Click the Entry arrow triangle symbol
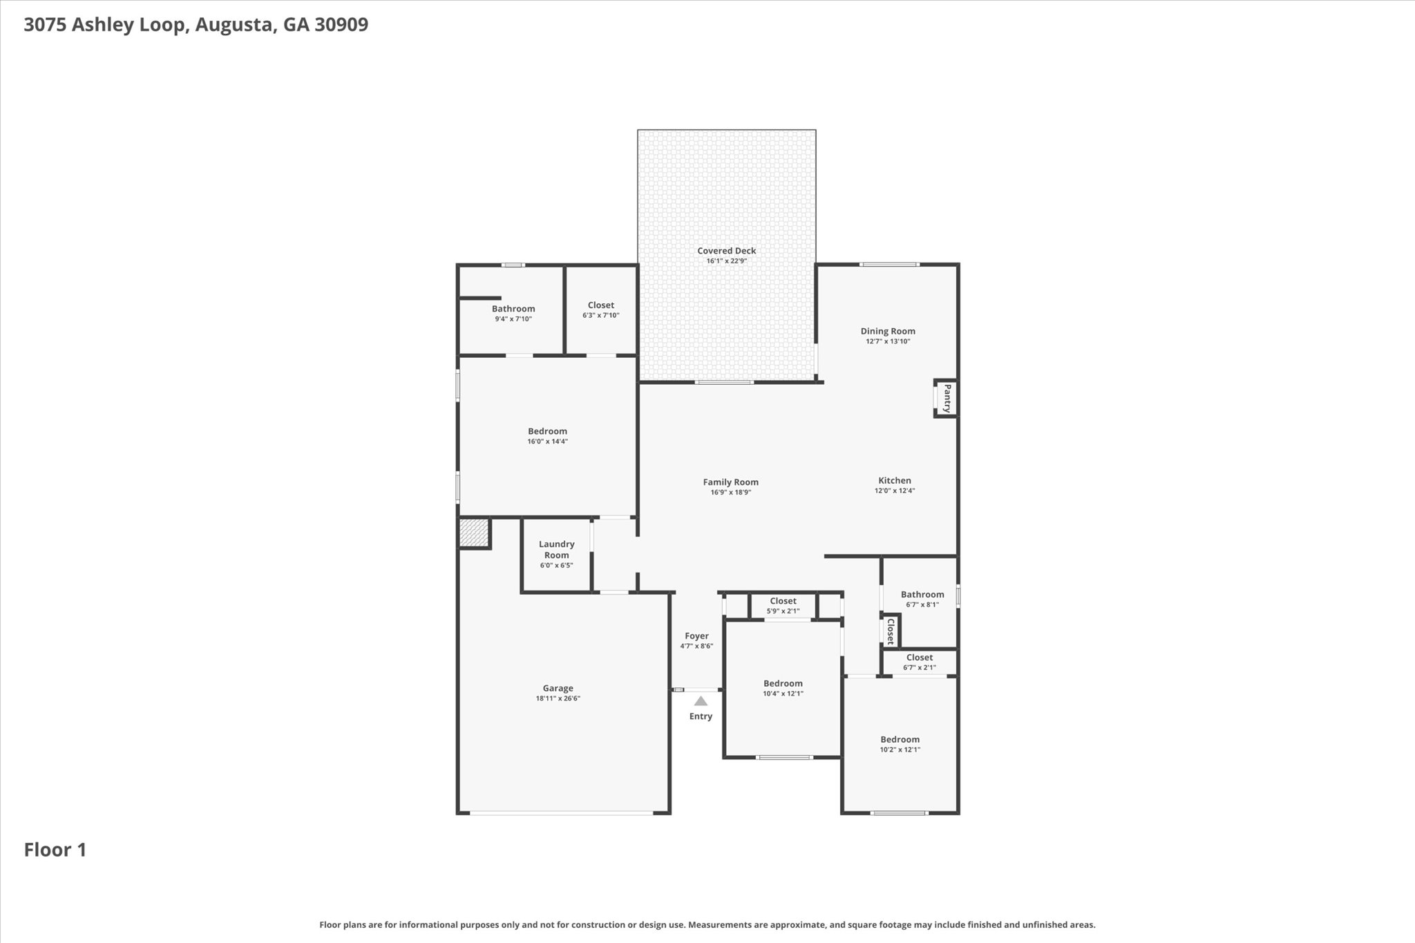[701, 701]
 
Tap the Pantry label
[947, 399]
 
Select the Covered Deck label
[726, 251]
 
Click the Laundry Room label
[556, 549]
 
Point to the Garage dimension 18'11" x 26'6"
[558, 698]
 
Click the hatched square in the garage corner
[473, 533]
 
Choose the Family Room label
[730, 482]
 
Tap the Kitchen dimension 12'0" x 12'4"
[894, 490]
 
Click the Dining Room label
[887, 331]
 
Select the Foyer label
[696, 636]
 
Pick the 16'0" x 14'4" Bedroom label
[547, 431]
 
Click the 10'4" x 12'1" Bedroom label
[783, 683]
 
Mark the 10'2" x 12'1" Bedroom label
[900, 739]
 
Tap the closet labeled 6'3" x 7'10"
[600, 305]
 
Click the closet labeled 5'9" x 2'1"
[783, 601]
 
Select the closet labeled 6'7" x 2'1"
[919, 657]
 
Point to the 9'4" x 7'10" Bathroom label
[513, 309]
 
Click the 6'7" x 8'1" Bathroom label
[922, 594]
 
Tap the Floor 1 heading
[55, 850]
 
